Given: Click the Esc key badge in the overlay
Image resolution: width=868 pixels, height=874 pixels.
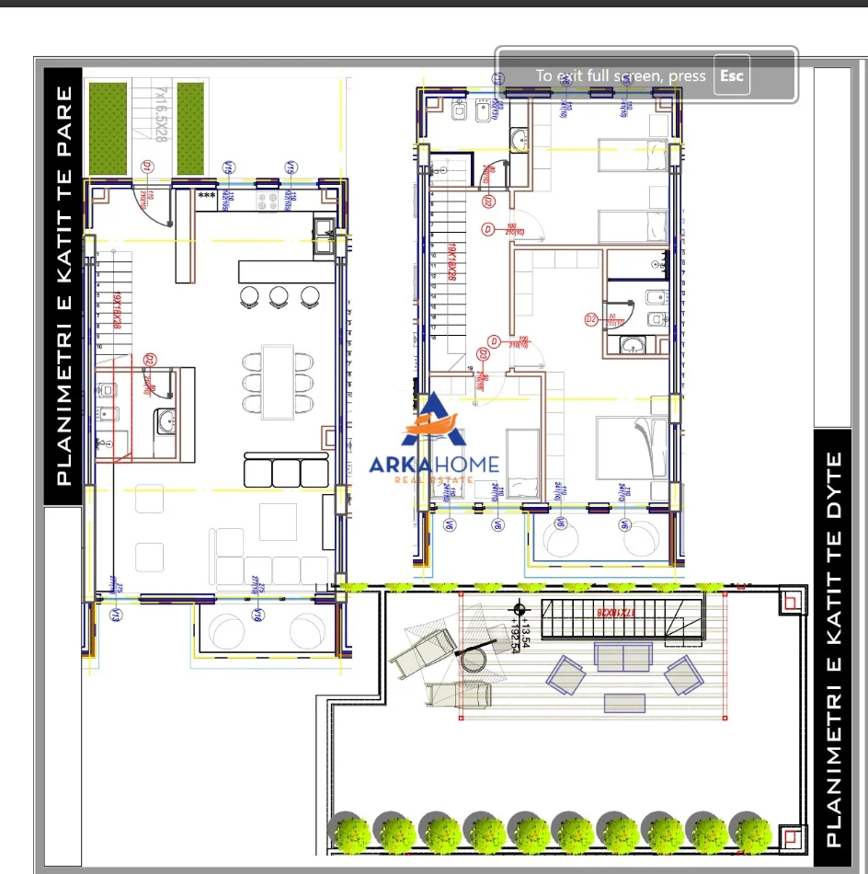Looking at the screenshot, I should [x=731, y=75].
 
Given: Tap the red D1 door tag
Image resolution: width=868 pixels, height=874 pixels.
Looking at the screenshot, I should [x=146, y=167].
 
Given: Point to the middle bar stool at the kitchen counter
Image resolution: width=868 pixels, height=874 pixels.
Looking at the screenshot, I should [x=279, y=295].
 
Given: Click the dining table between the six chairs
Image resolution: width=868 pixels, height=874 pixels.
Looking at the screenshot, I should [x=277, y=381].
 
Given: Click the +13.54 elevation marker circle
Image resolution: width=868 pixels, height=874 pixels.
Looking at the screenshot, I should [x=520, y=608].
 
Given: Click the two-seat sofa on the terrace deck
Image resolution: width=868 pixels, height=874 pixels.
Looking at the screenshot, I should [x=622, y=656].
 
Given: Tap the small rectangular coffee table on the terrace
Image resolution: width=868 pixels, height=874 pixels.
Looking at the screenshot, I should [x=623, y=702].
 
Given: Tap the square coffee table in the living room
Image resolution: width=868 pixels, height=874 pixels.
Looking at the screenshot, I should [x=278, y=522].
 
